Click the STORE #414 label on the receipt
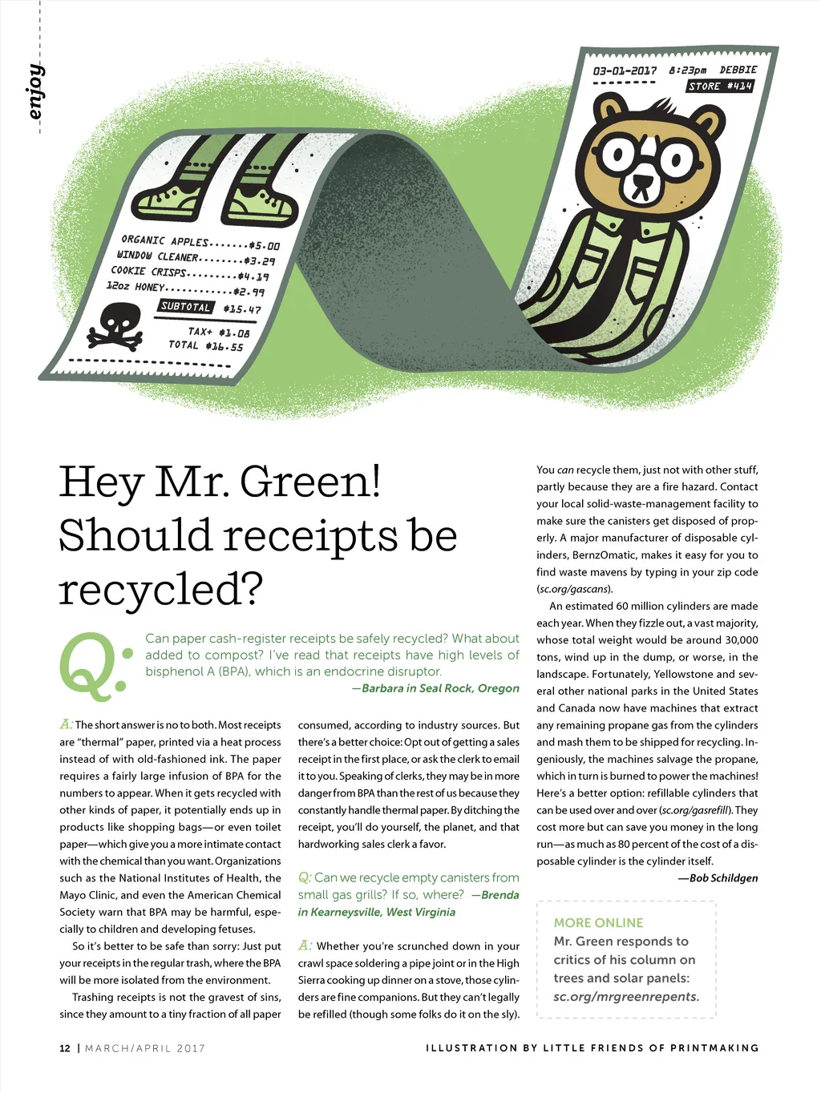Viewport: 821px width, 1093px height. pyautogui.click(x=720, y=86)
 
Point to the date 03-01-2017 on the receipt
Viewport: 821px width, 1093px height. pyautogui.click(x=625, y=71)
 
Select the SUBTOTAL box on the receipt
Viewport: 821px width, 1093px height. pyautogui.click(x=185, y=306)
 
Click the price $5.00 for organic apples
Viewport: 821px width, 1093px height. pyautogui.click(x=264, y=246)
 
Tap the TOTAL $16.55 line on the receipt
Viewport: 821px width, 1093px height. pyautogui.click(x=205, y=345)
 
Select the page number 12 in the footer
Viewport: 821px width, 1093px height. pyautogui.click(x=65, y=1048)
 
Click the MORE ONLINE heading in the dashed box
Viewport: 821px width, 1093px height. pyautogui.click(x=598, y=923)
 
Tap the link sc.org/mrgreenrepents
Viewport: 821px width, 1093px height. pyautogui.click(x=626, y=997)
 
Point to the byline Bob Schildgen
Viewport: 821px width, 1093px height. pyautogui.click(x=723, y=877)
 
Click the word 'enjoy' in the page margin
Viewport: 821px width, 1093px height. pyautogui.click(x=34, y=91)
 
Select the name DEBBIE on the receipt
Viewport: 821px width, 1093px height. pyautogui.click(x=738, y=71)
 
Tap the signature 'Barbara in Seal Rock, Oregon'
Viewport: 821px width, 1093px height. pyautogui.click(x=440, y=688)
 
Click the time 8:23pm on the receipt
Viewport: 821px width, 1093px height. pyautogui.click(x=687, y=71)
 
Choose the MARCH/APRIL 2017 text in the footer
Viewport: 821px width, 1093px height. pyautogui.click(x=145, y=1048)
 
